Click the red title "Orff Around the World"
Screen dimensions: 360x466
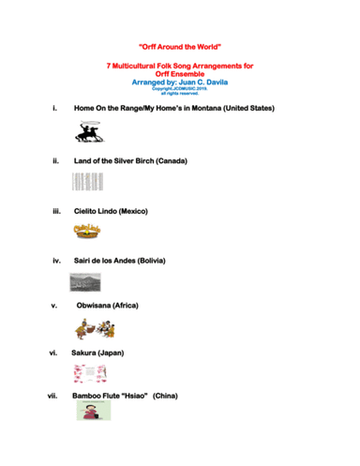click(x=179, y=45)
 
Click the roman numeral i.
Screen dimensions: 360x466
click(x=56, y=110)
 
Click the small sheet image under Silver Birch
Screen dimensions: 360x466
click(x=84, y=185)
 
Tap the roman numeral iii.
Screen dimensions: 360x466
click(x=56, y=212)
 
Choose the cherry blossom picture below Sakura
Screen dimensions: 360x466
click(x=90, y=374)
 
